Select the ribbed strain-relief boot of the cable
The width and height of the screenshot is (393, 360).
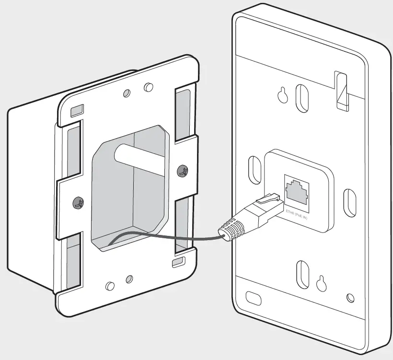point(231,229)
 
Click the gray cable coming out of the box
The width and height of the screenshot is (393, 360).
point(163,237)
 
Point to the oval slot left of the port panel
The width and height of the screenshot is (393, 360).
point(253,169)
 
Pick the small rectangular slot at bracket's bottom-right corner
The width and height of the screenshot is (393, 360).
point(178,261)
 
